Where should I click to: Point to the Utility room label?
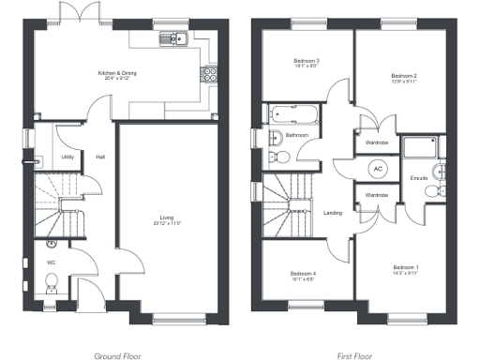(x=67, y=157)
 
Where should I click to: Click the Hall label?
(x=100, y=157)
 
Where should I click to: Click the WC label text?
(x=52, y=263)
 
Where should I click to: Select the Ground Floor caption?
(x=118, y=356)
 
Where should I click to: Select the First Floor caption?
(x=355, y=356)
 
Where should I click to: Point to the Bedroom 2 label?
(x=403, y=78)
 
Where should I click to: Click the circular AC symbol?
(x=379, y=170)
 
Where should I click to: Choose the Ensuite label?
(x=419, y=178)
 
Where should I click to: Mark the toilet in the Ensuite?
(x=432, y=191)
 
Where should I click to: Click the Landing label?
(x=333, y=212)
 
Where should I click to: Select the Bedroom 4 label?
(x=303, y=276)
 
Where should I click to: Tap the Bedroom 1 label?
(x=405, y=270)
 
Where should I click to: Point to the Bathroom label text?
(x=297, y=136)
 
